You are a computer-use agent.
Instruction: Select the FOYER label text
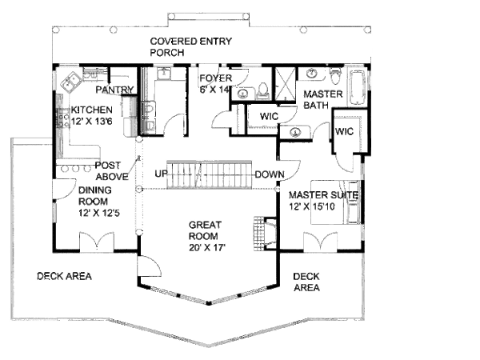pos(216,78)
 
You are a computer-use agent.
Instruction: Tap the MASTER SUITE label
pos(323,194)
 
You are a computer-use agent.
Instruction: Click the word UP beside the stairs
pos(161,174)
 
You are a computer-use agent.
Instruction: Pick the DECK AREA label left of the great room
pos(64,276)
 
